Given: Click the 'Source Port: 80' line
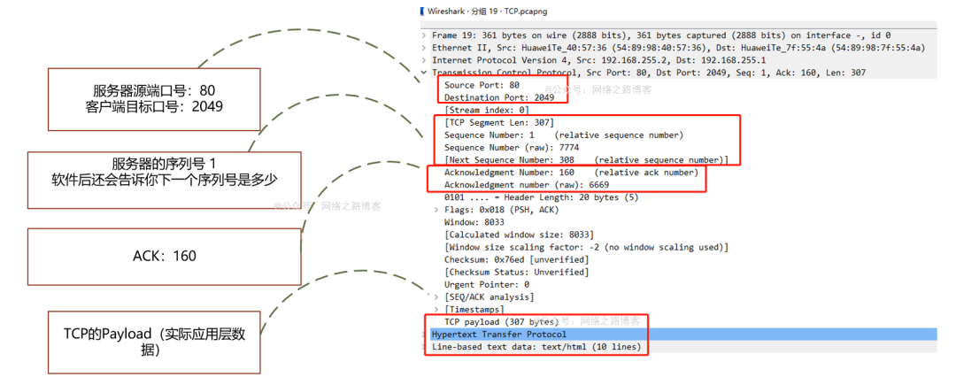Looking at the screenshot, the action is point(482,85).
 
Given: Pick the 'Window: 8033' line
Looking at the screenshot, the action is point(474,222).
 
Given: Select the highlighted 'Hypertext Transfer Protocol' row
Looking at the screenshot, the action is point(498,335).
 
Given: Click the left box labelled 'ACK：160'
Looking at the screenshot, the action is point(165,256).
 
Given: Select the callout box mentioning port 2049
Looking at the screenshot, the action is point(154,98).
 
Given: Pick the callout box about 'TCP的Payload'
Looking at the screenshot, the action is point(154,342).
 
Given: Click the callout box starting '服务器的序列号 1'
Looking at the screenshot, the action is point(165,172).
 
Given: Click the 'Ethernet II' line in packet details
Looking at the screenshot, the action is point(677,47).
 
